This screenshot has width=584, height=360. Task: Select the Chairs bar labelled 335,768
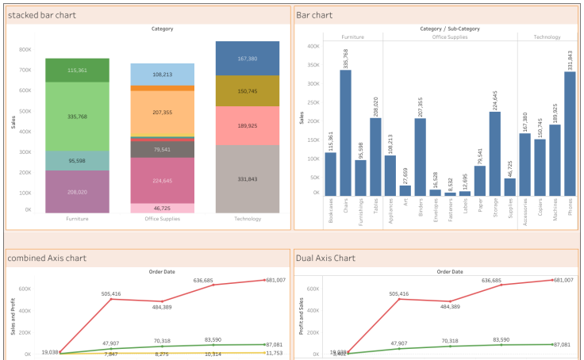click(x=346, y=132)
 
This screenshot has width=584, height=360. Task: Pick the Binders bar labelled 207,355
click(x=420, y=156)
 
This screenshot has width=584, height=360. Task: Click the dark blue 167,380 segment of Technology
click(x=247, y=58)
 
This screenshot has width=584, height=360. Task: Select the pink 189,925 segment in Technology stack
click(x=247, y=125)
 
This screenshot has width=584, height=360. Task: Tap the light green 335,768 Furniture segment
click(x=77, y=117)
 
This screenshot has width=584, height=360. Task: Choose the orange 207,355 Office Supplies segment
click(x=163, y=113)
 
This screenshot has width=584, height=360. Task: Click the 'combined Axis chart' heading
click(x=46, y=258)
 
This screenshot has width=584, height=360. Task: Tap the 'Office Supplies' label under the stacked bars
click(x=163, y=219)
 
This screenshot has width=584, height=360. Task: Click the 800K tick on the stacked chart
click(x=25, y=49)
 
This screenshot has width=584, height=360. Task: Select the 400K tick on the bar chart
click(x=313, y=46)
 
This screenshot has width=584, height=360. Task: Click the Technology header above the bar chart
click(x=547, y=36)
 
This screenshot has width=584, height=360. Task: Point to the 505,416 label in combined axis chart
click(x=111, y=293)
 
